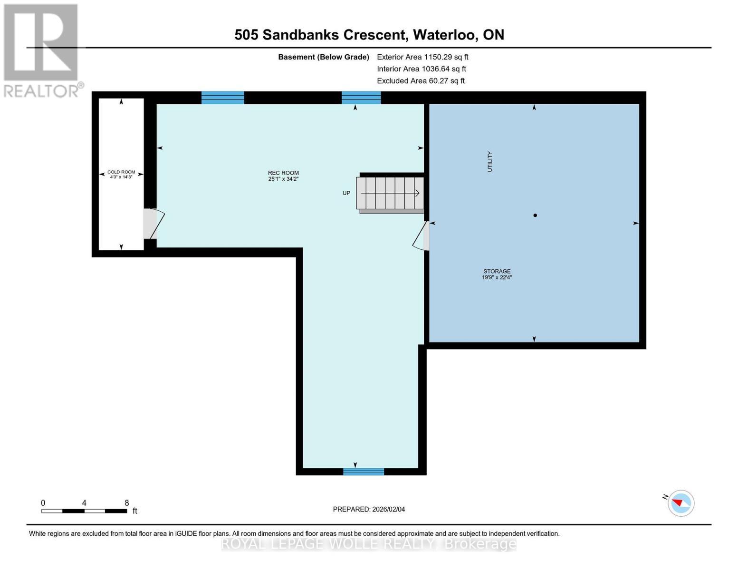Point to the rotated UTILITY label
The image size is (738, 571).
pos(490,161)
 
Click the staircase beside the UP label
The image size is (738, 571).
pos(390,193)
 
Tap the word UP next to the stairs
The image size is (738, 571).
pos(346,193)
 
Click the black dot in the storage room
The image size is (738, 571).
pos(535,216)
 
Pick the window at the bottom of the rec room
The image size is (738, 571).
pos(364,472)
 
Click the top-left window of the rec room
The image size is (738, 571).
pos(222,98)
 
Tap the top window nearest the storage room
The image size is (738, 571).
pos(361,98)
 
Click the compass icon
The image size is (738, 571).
pos(680,503)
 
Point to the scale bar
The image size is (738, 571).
pos(84,511)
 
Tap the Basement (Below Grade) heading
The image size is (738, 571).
pos(324,57)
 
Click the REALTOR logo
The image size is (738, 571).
pos(42,50)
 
